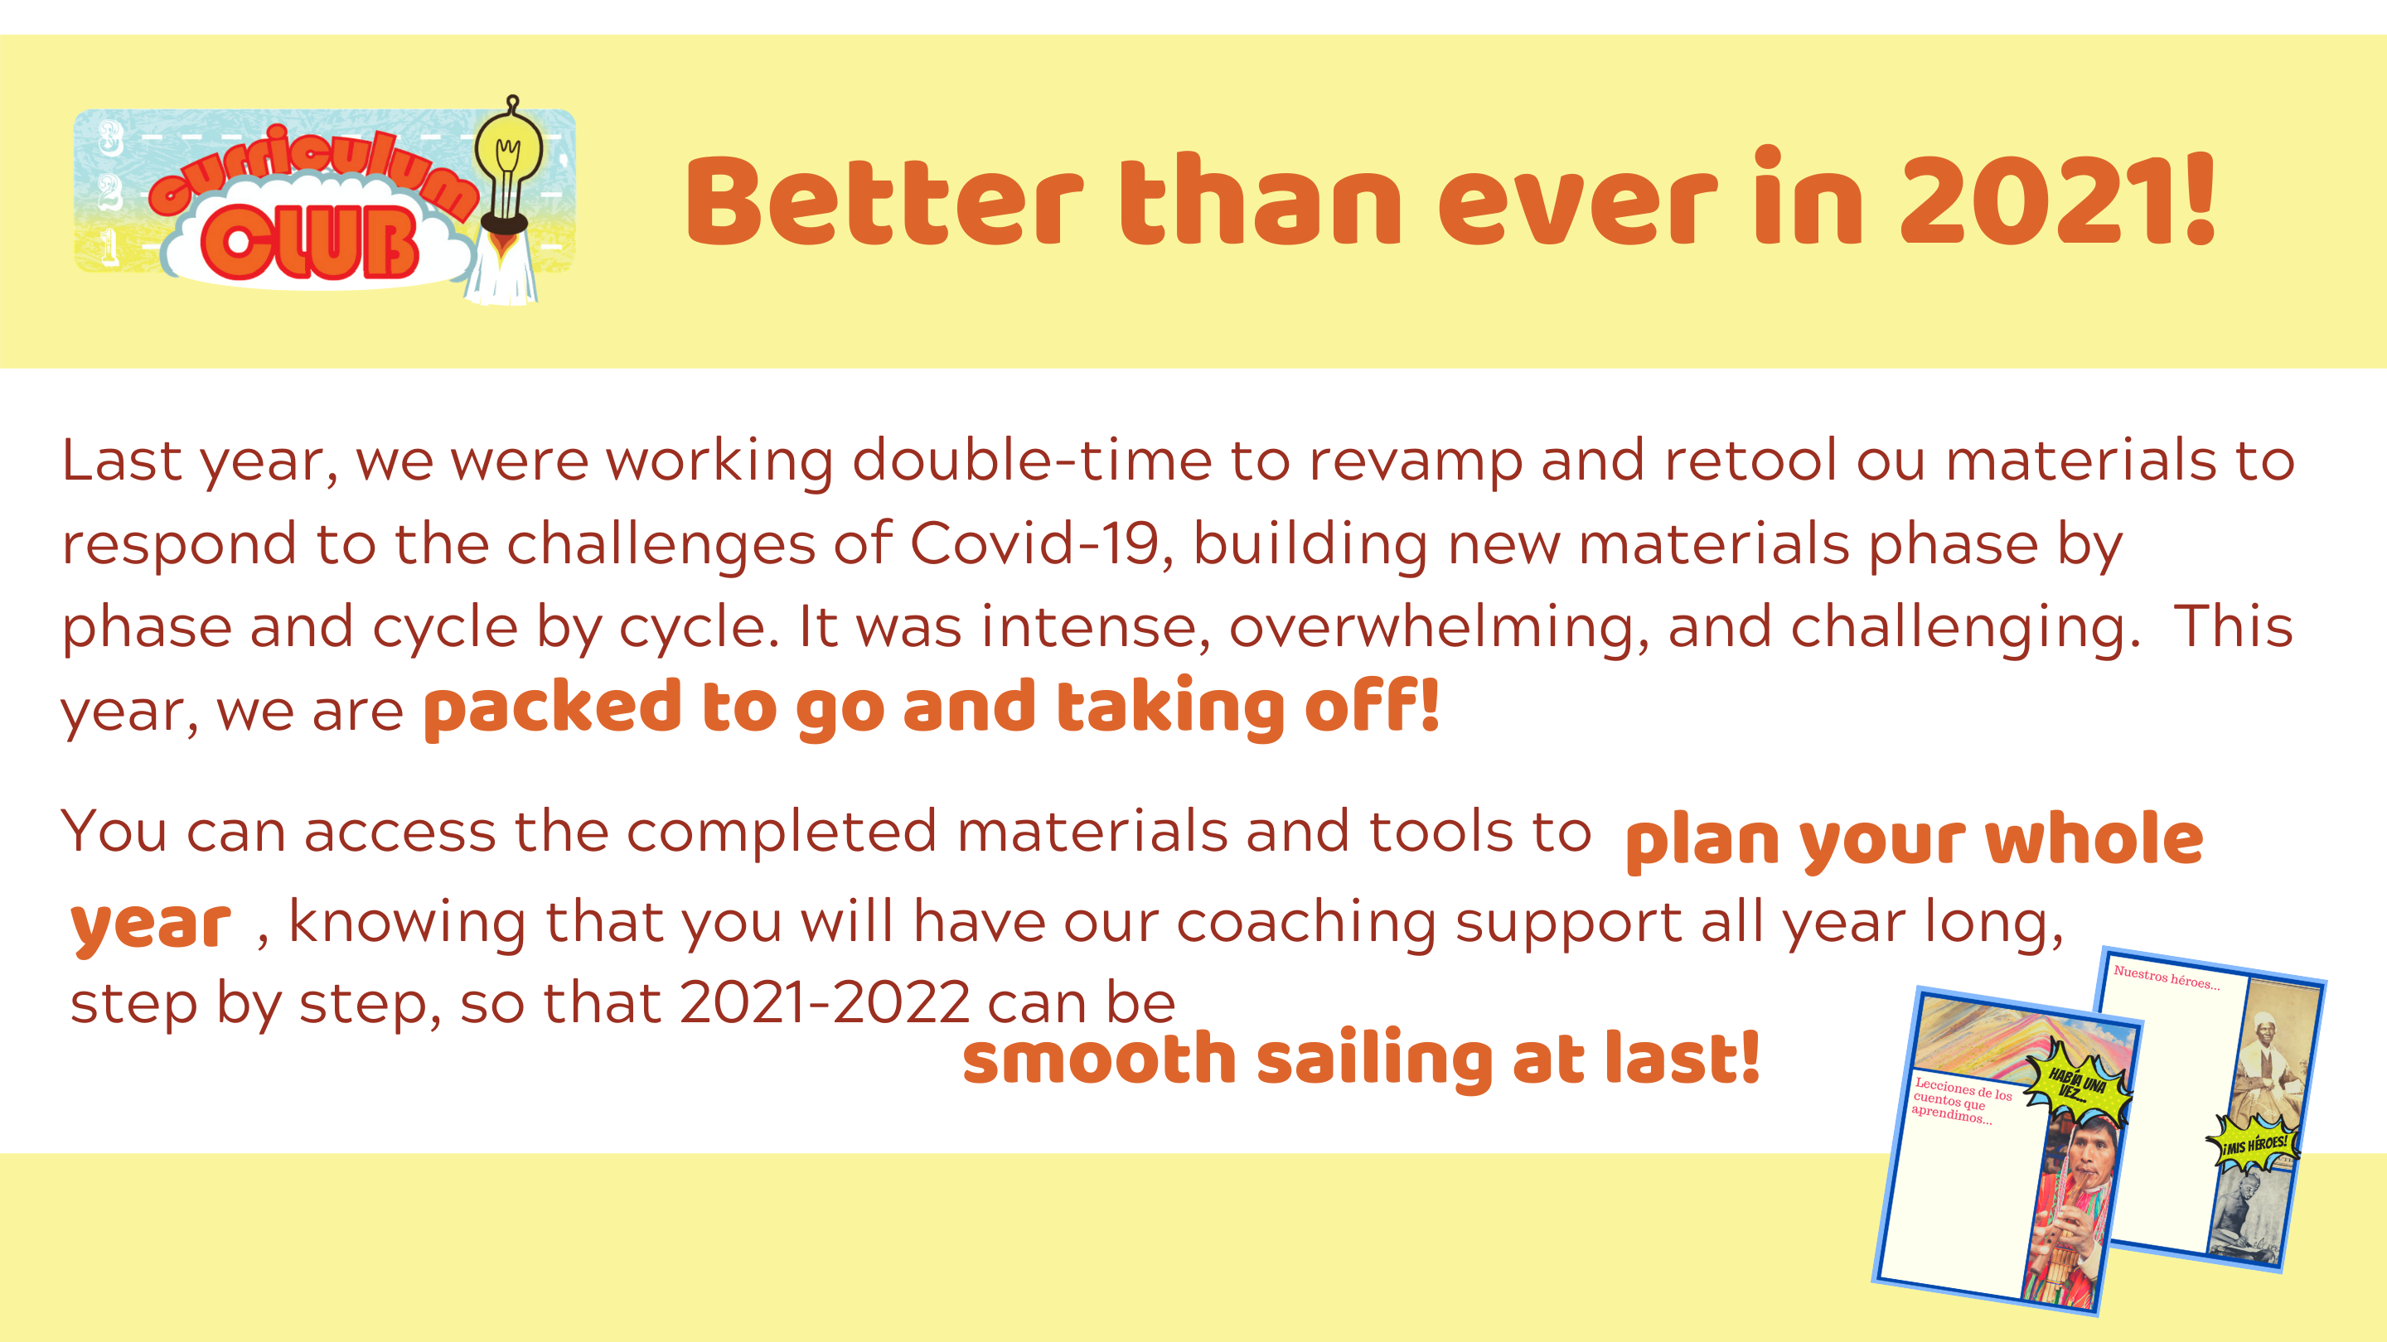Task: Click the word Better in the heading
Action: click(x=885, y=201)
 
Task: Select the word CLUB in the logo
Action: click(x=309, y=242)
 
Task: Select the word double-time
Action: click(x=1031, y=461)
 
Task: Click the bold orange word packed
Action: click(x=553, y=709)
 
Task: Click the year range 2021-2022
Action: click(x=825, y=1003)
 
